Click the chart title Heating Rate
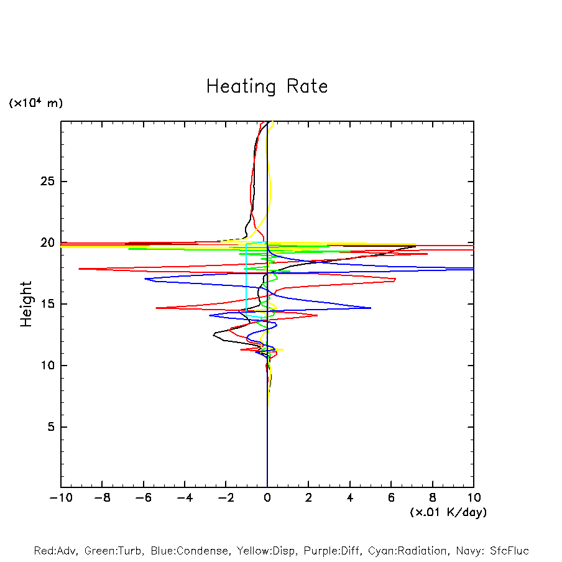click(x=267, y=86)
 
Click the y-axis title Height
click(x=26, y=304)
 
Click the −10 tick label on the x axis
click(x=61, y=498)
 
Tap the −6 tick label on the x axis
click(x=143, y=498)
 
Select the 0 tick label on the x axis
click(x=267, y=498)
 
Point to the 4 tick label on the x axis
click(x=350, y=498)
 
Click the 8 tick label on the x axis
click(x=433, y=498)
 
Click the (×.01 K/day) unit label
click(x=448, y=512)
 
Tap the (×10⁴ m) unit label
click(x=35, y=103)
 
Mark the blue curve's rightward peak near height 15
click(x=371, y=308)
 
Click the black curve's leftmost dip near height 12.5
click(x=213, y=335)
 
